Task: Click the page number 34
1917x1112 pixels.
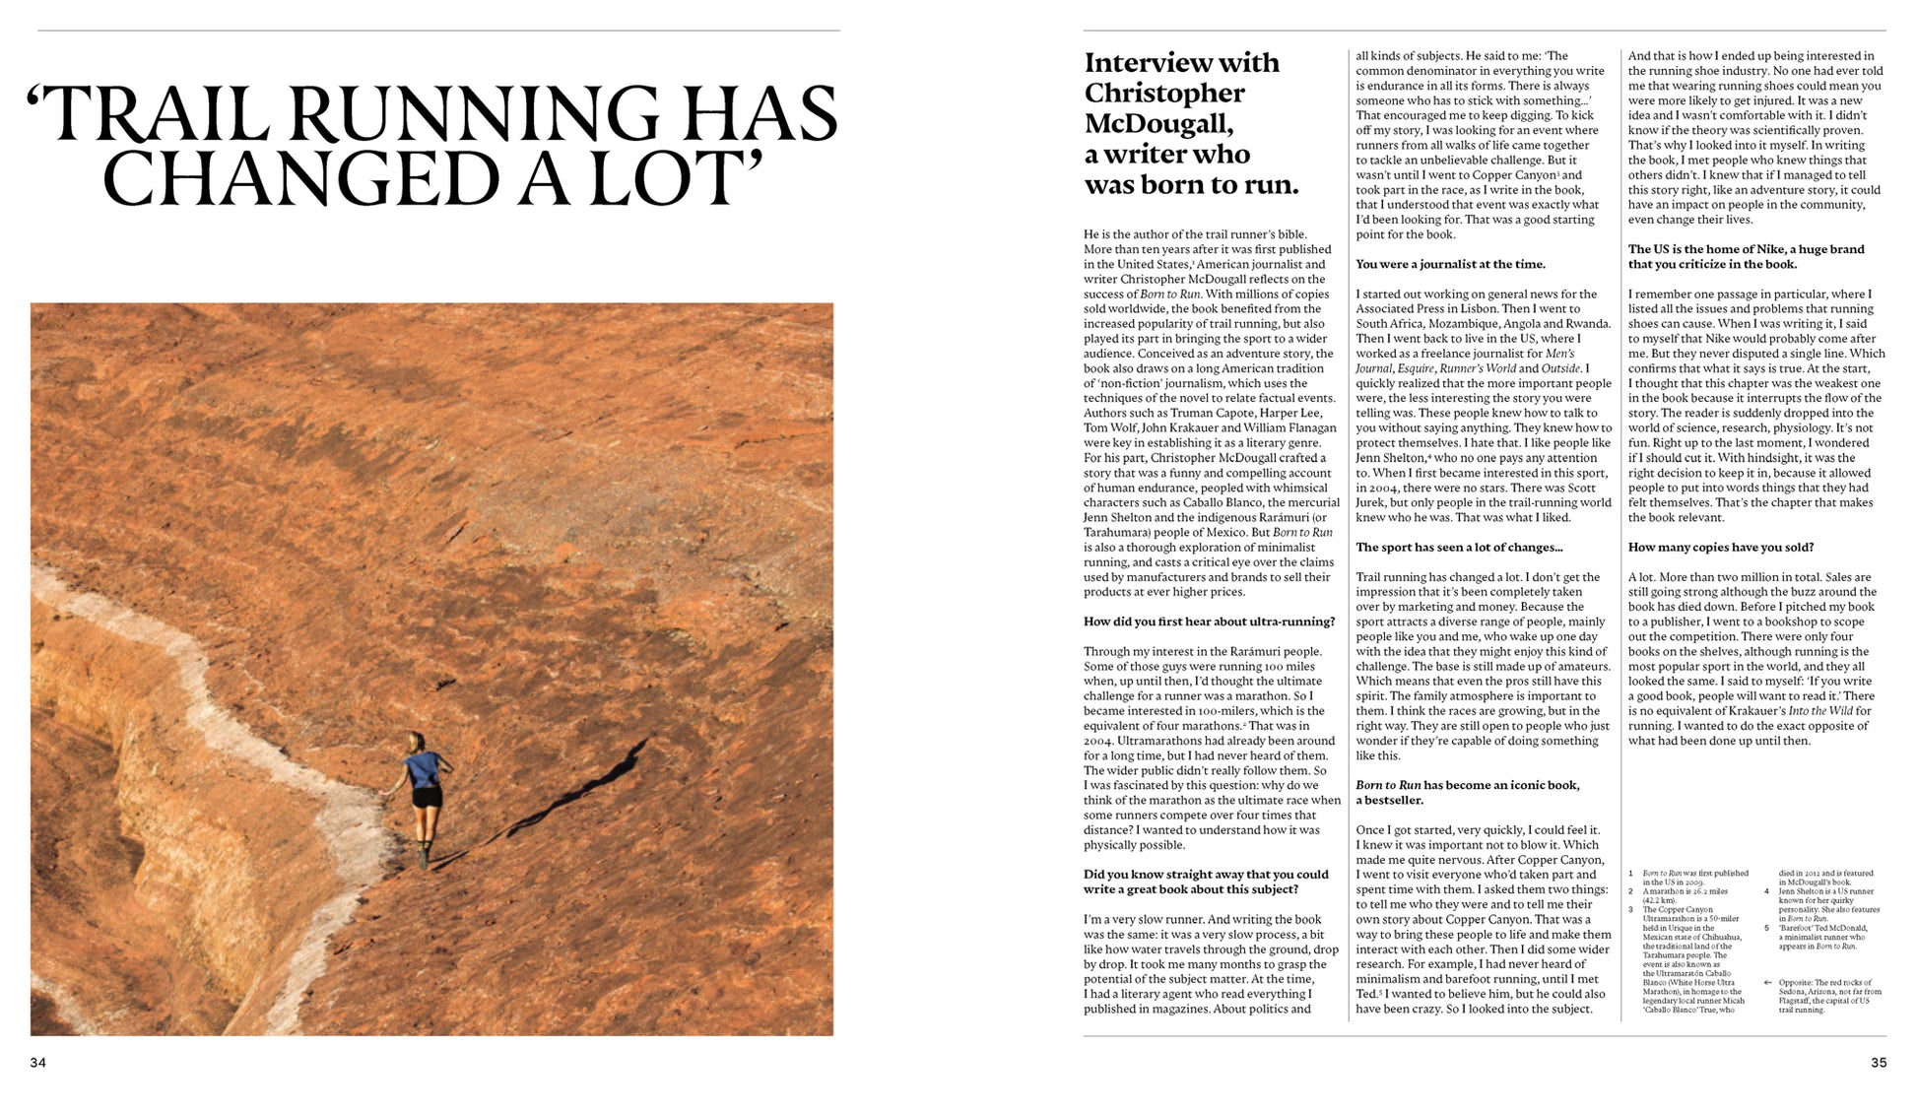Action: tap(37, 1063)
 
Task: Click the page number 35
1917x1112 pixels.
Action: tap(1878, 1063)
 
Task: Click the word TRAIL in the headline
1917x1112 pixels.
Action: tap(162, 114)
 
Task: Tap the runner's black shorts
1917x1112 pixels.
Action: tap(427, 797)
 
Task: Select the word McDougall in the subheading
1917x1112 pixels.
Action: tap(1158, 124)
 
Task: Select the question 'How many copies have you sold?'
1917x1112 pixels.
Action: tap(1720, 548)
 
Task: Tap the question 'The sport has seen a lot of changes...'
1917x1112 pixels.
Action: tap(1458, 548)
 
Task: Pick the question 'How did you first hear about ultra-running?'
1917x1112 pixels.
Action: tap(1209, 621)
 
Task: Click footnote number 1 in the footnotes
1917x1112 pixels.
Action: tap(1630, 874)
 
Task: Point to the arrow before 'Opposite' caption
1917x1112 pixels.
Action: tap(1768, 982)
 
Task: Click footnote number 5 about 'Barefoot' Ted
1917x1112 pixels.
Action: tap(1767, 928)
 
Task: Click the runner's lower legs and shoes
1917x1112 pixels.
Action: tap(424, 842)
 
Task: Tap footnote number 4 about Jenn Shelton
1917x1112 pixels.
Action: tap(1767, 891)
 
